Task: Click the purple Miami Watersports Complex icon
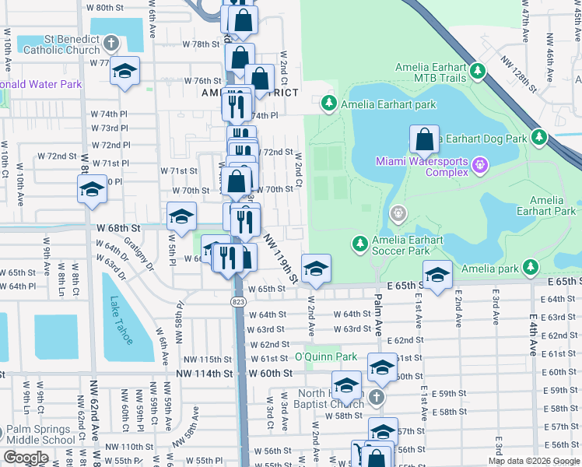[480, 164]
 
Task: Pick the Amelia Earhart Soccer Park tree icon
[359, 244]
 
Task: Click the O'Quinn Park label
[325, 356]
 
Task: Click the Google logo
[26, 458]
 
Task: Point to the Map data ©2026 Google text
[533, 460]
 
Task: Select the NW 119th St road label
[281, 257]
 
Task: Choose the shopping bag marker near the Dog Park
[424, 141]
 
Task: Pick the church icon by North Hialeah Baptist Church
[376, 398]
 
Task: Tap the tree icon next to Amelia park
[531, 268]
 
